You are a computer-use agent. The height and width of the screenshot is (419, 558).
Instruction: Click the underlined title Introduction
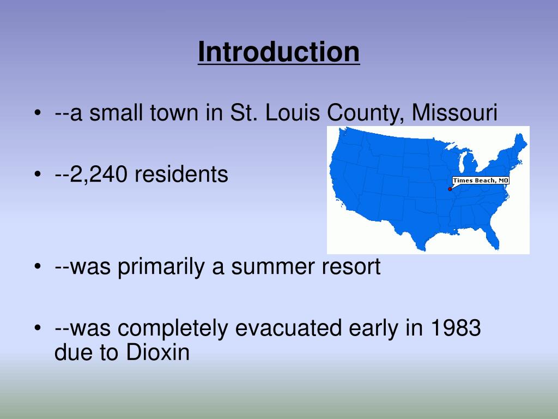[x=278, y=52]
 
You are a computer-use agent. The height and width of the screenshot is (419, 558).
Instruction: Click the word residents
[x=181, y=175]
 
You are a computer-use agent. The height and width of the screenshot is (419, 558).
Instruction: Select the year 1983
[x=455, y=328]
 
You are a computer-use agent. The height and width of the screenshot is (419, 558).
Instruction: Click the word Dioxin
[x=158, y=353]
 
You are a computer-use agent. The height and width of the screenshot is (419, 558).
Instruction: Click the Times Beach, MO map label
[x=480, y=181]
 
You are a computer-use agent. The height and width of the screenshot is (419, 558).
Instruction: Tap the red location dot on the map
[x=450, y=189]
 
